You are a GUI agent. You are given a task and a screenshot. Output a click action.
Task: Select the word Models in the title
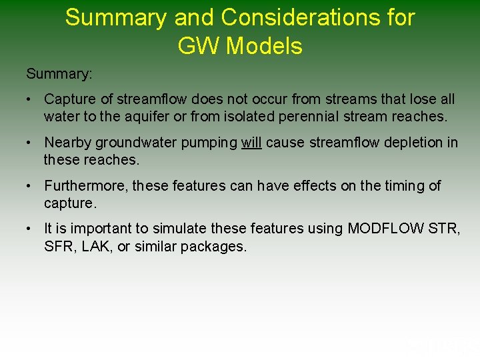[265, 46]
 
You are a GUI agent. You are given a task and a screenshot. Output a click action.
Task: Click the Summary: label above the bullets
[59, 73]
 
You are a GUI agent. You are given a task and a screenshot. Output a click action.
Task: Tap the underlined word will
[251, 143]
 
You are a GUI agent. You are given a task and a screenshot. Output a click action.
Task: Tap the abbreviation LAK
[93, 246]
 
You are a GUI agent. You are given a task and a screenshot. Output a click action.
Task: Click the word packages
[217, 246]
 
